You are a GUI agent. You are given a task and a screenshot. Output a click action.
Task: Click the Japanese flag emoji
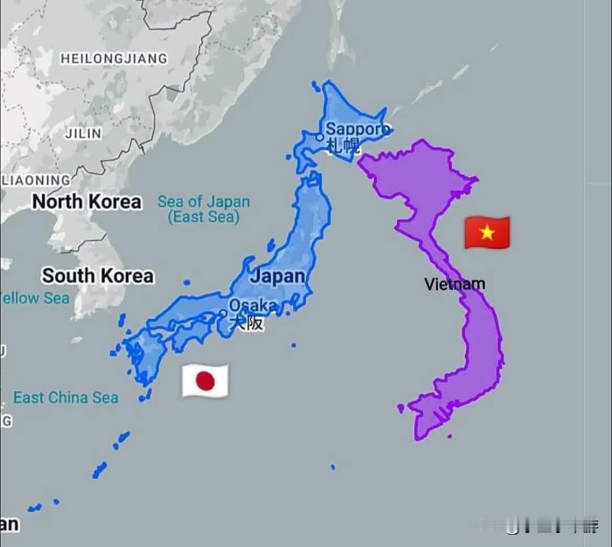click(x=205, y=381)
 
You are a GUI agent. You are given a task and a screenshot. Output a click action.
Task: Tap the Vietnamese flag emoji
click(x=487, y=232)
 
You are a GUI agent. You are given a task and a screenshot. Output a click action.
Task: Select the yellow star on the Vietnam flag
click(x=487, y=232)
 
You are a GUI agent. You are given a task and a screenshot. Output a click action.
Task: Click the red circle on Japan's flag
click(x=205, y=381)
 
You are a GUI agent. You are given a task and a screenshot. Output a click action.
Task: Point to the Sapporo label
click(x=357, y=129)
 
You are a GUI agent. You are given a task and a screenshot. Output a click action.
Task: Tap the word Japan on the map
click(x=278, y=277)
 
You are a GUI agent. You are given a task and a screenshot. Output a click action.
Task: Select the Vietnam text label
click(x=454, y=284)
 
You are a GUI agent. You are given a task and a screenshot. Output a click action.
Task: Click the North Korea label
click(x=86, y=202)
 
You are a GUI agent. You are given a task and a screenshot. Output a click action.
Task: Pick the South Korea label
click(x=97, y=276)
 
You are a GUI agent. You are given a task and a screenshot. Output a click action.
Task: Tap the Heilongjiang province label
click(x=114, y=58)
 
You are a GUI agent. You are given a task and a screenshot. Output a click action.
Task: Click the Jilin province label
click(x=83, y=134)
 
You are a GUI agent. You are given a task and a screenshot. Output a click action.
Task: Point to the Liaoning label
click(x=37, y=181)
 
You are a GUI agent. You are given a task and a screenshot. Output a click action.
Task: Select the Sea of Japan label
click(x=203, y=202)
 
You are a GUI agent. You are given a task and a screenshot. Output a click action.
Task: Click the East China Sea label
click(x=66, y=398)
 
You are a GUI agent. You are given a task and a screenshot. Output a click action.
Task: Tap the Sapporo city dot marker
click(x=320, y=137)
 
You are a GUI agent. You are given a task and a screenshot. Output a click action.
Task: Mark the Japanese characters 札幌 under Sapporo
click(x=342, y=147)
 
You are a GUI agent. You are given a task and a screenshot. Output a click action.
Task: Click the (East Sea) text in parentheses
click(x=203, y=217)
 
